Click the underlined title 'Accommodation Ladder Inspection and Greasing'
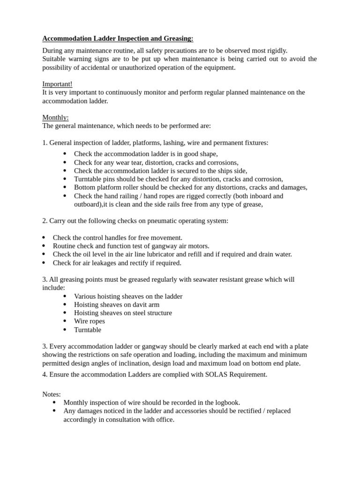click(x=118, y=38)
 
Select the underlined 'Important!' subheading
click(x=57, y=84)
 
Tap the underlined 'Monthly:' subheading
click(x=55, y=118)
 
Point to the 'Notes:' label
click(x=52, y=394)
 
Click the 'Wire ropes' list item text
click(x=90, y=322)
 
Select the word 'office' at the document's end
click(x=165, y=420)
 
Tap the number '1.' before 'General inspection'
click(x=45, y=143)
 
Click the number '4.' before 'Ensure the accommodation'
click(x=45, y=374)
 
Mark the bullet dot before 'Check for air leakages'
click(x=44, y=263)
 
